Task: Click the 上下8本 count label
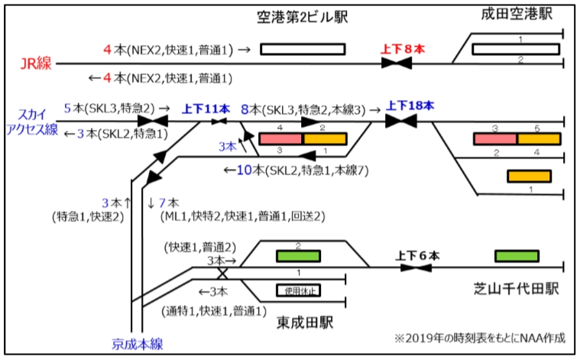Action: point(402,49)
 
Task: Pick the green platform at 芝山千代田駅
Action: point(517,256)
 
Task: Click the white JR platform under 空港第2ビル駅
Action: point(303,50)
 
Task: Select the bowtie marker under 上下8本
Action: point(398,63)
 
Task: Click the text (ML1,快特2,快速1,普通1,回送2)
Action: point(242,217)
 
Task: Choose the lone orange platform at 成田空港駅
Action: point(529,176)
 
